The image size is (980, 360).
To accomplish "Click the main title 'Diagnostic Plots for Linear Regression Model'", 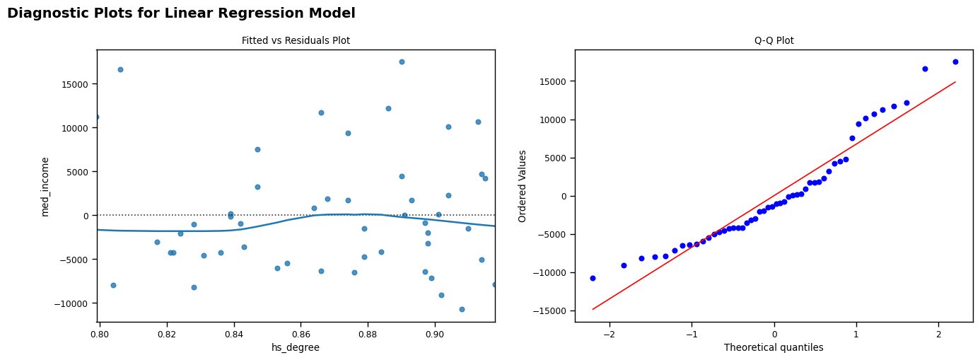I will click(x=181, y=13).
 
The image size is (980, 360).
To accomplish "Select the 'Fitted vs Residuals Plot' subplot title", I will click(x=296, y=40).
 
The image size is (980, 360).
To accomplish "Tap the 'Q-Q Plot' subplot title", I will click(x=774, y=40).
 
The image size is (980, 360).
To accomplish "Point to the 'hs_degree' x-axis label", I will click(x=296, y=347).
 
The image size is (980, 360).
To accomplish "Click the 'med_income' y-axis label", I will click(x=45, y=186).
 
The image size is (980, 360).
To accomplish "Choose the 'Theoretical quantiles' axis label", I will click(x=774, y=347).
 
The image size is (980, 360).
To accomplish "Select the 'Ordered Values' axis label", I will click(x=523, y=186).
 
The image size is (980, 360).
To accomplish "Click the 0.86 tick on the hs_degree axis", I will click(x=301, y=333).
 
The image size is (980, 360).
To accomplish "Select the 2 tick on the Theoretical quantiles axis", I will click(x=938, y=333).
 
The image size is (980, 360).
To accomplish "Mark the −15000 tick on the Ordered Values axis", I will click(x=549, y=310).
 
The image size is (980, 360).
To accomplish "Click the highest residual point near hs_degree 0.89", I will click(x=402, y=62).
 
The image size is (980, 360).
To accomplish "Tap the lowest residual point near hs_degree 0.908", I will click(x=462, y=309).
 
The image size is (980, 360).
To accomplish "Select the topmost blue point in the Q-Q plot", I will click(x=955, y=62).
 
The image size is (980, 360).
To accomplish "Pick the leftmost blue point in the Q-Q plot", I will click(x=593, y=278).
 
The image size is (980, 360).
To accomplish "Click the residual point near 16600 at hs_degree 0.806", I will click(x=120, y=69).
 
